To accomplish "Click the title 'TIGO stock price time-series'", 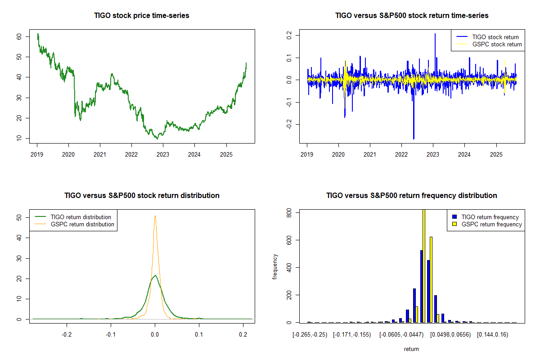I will click(142, 16).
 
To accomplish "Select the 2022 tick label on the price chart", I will click(131, 153).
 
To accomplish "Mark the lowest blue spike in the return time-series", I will click(414, 139).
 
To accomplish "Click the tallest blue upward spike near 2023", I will click(435, 34).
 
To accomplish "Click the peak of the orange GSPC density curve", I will click(155, 216).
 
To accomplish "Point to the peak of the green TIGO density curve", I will click(155, 275).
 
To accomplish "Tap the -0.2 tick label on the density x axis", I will click(67, 335).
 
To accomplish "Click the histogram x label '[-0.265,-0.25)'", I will click(310, 335).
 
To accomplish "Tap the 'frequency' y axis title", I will click(275, 267).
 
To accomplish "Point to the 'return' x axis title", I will click(411, 349).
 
